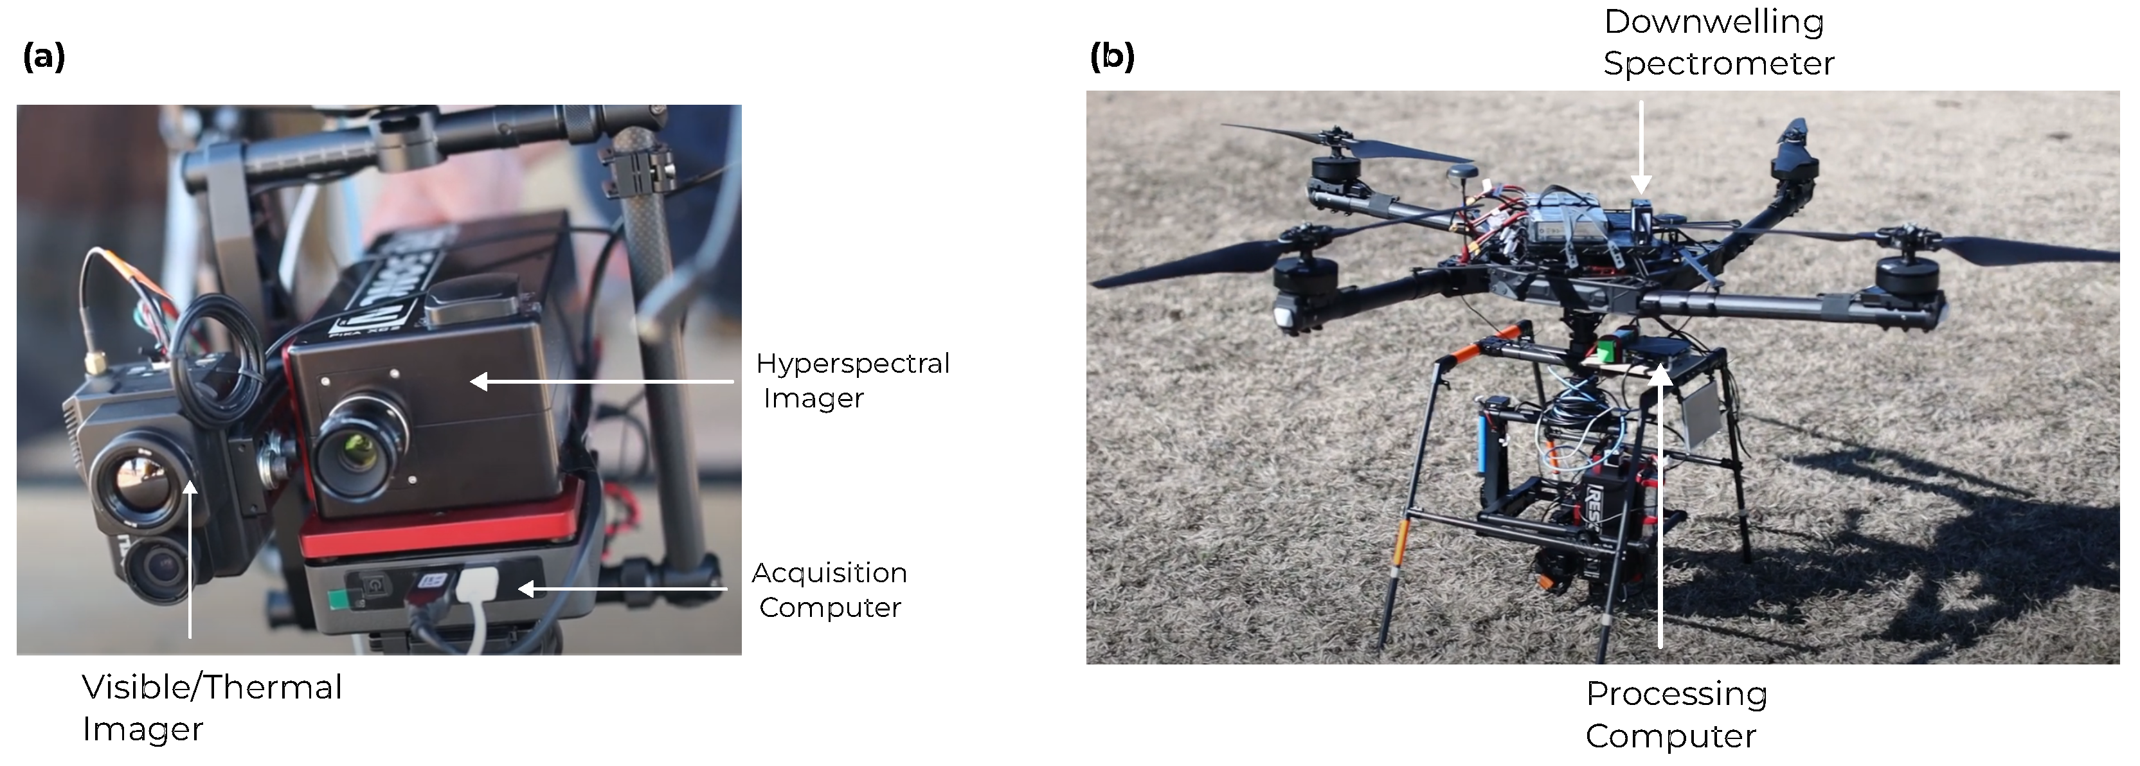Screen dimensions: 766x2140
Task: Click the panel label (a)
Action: (x=44, y=58)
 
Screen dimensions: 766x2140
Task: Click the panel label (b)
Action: (x=1111, y=58)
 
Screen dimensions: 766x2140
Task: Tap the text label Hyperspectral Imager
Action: (x=852, y=380)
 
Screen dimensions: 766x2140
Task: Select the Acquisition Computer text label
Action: (x=829, y=590)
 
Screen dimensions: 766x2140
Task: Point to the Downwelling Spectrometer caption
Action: (x=1718, y=42)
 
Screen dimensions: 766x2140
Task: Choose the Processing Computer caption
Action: (x=1676, y=715)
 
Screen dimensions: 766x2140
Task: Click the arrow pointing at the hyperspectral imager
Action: (x=602, y=381)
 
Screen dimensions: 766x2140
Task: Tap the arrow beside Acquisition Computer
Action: (x=623, y=589)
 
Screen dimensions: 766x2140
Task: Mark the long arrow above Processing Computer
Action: (x=1660, y=507)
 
